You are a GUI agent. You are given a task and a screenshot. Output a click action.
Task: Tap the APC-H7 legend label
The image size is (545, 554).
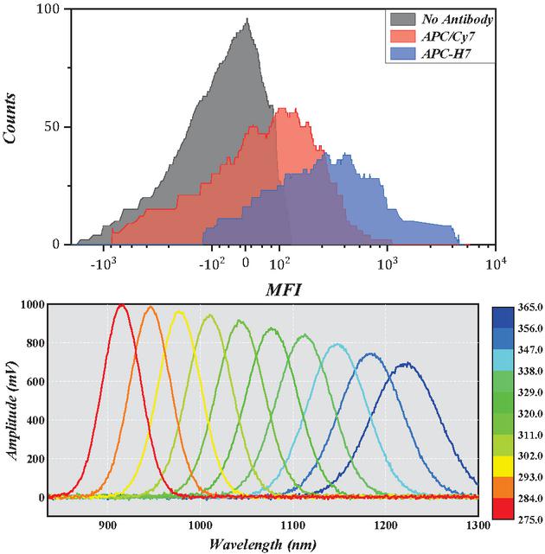(x=442, y=55)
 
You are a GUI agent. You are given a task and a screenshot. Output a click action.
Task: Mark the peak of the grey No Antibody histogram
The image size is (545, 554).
(x=247, y=21)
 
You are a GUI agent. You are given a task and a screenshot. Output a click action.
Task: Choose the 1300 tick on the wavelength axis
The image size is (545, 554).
(x=478, y=524)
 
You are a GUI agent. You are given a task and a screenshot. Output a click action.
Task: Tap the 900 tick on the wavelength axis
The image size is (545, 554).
(x=107, y=524)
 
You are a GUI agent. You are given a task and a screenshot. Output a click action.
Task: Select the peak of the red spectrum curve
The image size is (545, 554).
(x=122, y=305)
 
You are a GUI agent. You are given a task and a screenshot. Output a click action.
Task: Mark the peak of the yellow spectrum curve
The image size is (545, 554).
(x=179, y=313)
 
